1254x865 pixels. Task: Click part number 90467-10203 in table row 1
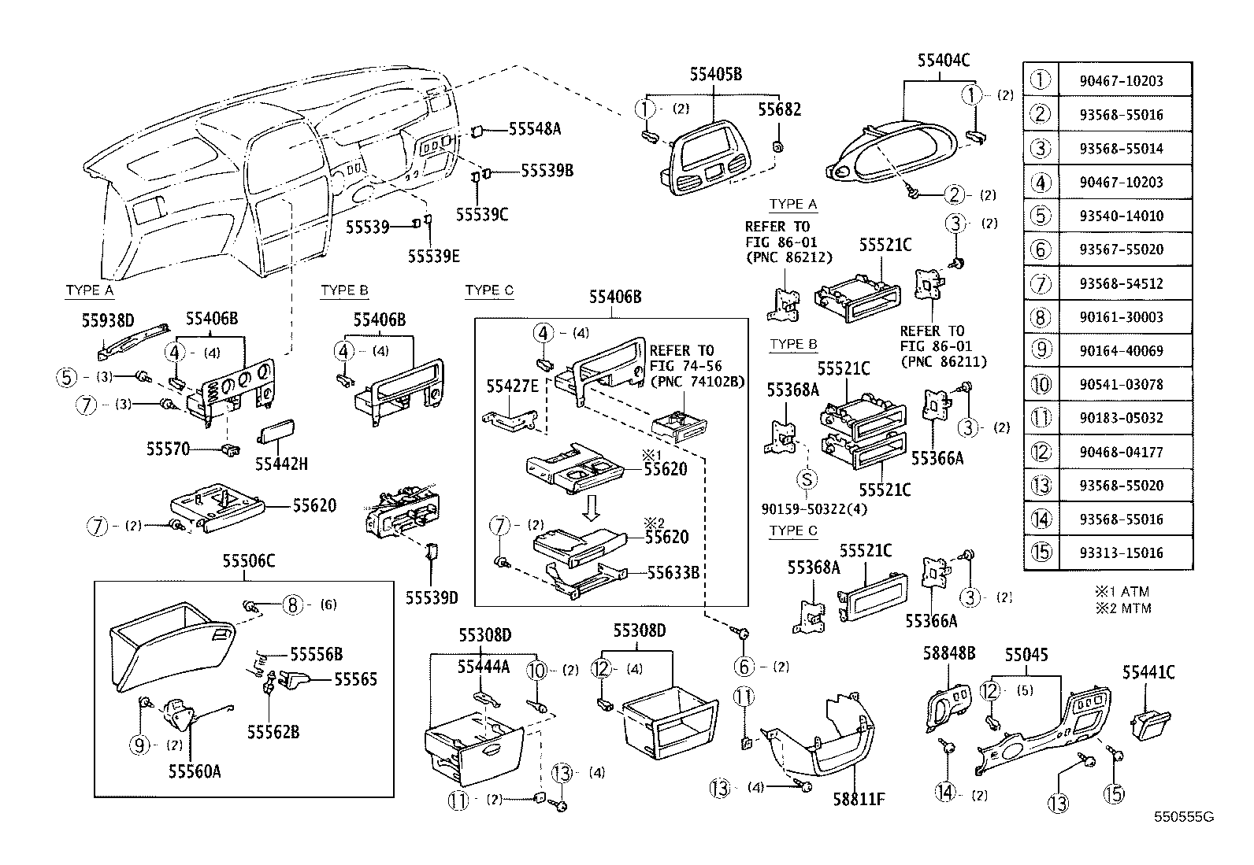1122,81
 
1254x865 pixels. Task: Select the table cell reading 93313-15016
1122,553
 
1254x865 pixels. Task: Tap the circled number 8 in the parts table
1041,317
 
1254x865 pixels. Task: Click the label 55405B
715,75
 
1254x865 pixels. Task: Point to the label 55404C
943,60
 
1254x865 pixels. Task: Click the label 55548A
534,129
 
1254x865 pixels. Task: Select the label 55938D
108,320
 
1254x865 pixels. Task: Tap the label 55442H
281,464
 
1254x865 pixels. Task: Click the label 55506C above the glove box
248,561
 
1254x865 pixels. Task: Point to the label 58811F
859,800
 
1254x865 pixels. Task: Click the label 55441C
1148,672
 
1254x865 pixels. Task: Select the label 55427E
512,386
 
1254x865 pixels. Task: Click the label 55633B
673,573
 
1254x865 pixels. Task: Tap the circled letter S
807,479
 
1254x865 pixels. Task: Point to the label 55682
779,109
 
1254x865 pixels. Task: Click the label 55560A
194,771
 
